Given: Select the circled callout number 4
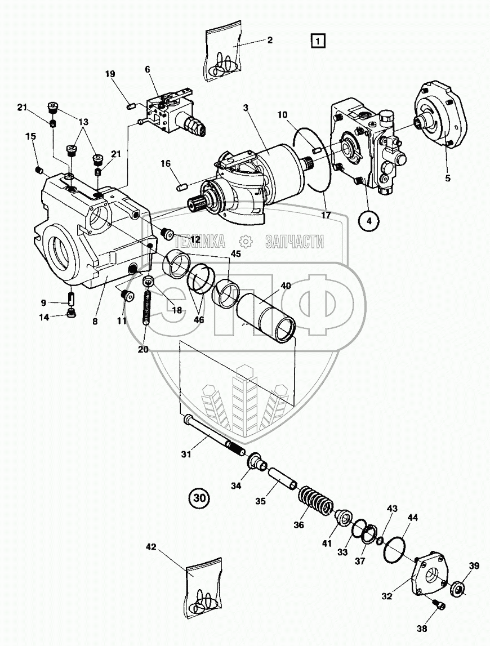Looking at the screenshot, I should click(x=369, y=221).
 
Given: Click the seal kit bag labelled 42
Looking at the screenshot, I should click(x=203, y=588).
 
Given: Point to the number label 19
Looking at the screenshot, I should click(x=110, y=74).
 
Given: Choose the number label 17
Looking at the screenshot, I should click(x=326, y=215).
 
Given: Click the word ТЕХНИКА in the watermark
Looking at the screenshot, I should click(x=201, y=242).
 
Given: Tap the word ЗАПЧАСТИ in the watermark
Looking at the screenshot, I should click(x=294, y=242).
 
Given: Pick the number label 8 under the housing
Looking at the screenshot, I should click(x=95, y=322).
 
